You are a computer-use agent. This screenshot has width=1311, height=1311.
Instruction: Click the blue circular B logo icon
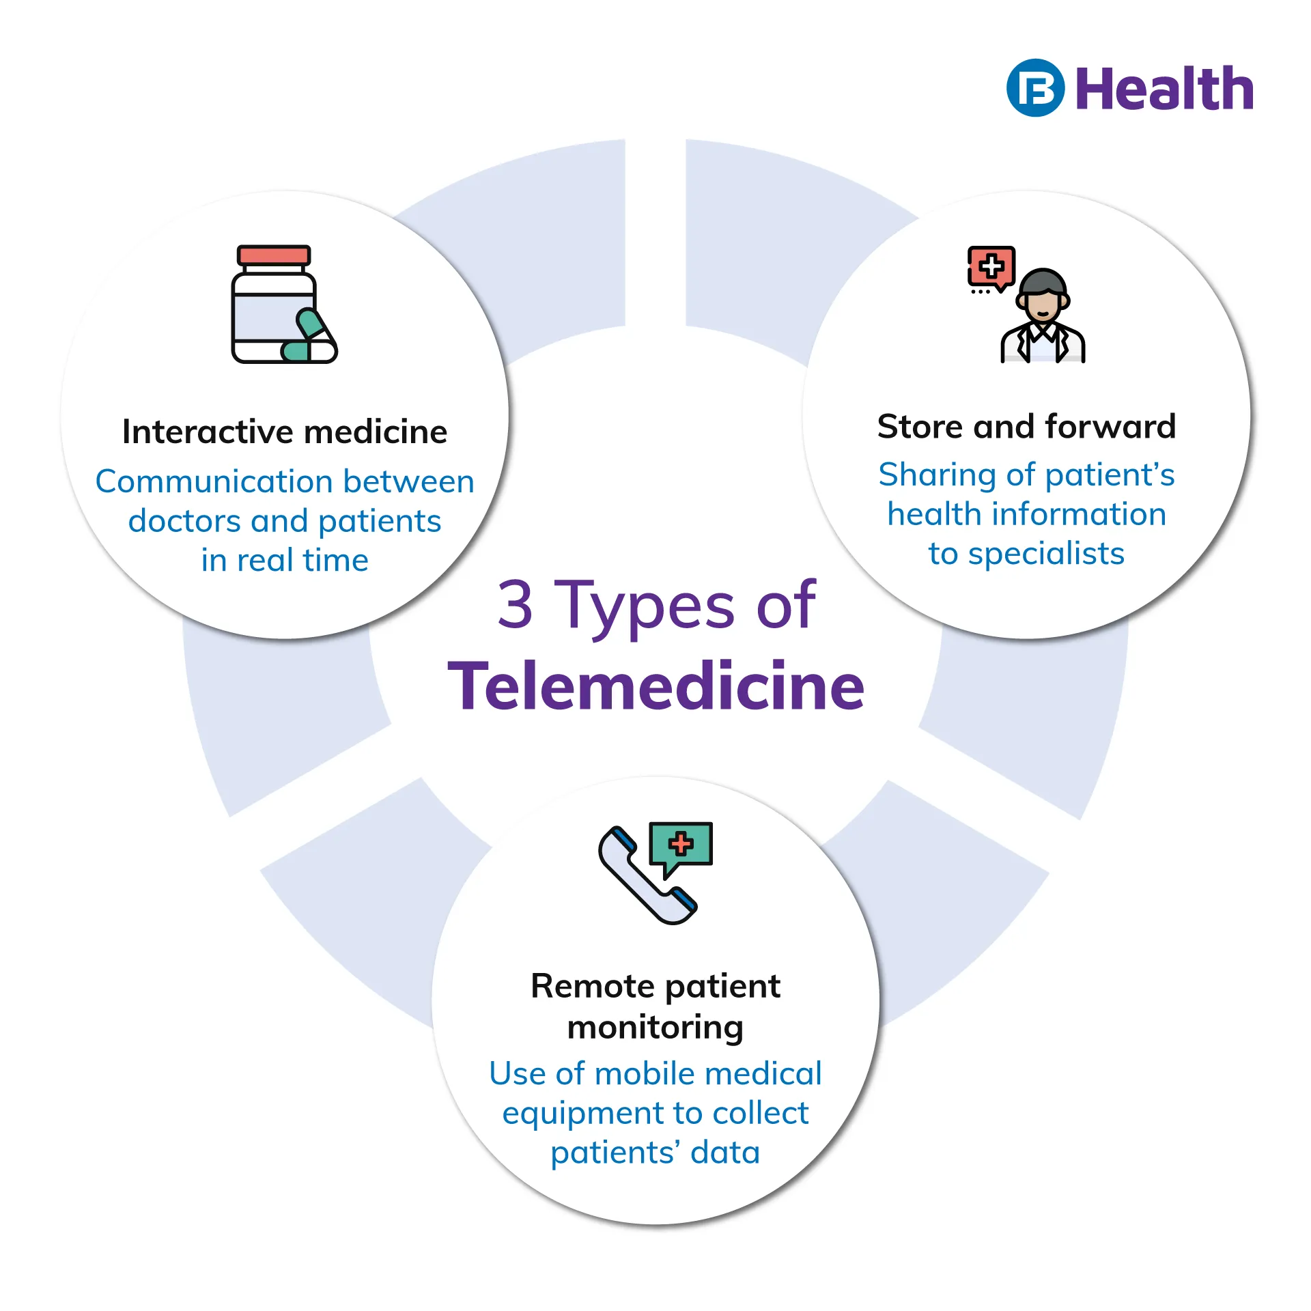(1035, 88)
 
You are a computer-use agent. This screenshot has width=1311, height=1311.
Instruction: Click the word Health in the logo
(1164, 89)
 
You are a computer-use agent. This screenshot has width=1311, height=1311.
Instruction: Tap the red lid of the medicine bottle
(274, 255)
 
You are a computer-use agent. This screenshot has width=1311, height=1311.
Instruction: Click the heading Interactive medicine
(285, 432)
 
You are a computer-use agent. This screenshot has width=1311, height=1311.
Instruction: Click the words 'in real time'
(285, 561)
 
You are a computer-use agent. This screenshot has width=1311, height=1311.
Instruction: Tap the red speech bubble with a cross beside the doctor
(991, 266)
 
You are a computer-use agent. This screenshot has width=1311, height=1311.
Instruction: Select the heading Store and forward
(1026, 427)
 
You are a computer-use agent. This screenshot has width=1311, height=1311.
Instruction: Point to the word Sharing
(937, 475)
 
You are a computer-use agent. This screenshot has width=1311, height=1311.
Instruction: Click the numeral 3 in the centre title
(515, 604)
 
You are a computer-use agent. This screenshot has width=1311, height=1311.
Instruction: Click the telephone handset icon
(645, 875)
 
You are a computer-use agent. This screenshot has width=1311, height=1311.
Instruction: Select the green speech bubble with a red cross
(681, 845)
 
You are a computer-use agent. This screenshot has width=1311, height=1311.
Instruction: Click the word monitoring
(655, 1028)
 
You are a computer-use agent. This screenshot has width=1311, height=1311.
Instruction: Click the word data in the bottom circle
(725, 1153)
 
